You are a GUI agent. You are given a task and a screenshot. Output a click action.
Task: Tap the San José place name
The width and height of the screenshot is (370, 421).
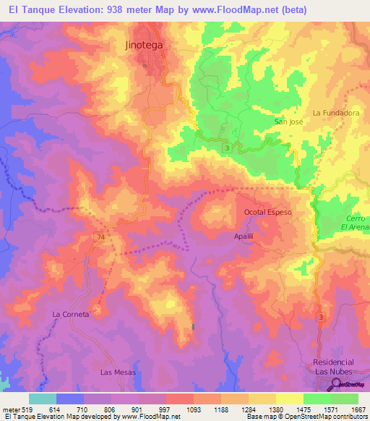pyautogui.click(x=288, y=122)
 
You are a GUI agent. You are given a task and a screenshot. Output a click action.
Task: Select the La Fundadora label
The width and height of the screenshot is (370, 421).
pyautogui.click(x=335, y=113)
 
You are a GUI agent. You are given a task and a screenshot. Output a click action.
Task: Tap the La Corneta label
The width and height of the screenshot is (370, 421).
pyautogui.click(x=71, y=315)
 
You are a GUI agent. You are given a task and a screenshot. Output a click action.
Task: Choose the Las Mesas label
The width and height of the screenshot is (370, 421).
pyautogui.click(x=114, y=372)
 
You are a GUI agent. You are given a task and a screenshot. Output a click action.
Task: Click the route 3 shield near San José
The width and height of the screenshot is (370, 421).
pyautogui.click(x=228, y=148)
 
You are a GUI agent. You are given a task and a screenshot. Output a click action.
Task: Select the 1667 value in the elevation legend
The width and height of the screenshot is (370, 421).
pyautogui.click(x=358, y=409)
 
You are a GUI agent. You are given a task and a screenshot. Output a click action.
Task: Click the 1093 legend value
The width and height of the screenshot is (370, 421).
pyautogui.click(x=193, y=409)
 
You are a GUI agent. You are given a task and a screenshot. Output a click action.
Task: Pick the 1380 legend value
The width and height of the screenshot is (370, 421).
pyautogui.click(x=275, y=409)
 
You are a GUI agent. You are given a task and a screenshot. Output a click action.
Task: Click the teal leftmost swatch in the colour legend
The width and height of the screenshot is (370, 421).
pyautogui.click(x=43, y=399)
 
